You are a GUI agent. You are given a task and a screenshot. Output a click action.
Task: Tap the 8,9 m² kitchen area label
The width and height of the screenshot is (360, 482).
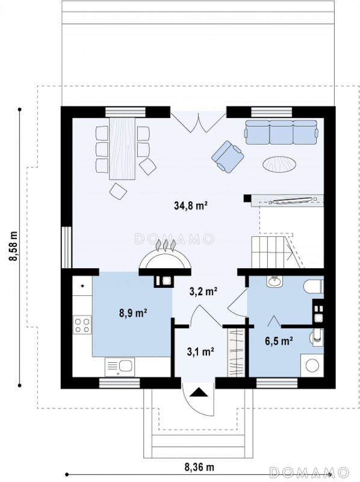(x=132, y=313)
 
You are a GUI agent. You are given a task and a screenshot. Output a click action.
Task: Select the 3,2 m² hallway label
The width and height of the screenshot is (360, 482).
(x=203, y=292)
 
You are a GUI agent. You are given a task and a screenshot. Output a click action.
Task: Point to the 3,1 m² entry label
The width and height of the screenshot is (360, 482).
(x=200, y=351)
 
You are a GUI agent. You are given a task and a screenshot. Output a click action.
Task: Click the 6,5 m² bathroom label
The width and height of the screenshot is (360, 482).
(x=279, y=341)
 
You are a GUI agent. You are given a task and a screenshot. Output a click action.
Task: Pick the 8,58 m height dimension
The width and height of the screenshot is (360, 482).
(x=13, y=246)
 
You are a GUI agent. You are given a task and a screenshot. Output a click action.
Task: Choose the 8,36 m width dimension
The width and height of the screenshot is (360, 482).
(x=199, y=468)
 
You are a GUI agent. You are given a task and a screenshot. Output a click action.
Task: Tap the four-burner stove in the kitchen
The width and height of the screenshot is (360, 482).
(x=82, y=325)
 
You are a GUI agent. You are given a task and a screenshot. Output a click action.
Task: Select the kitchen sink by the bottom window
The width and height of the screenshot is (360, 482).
(x=119, y=367)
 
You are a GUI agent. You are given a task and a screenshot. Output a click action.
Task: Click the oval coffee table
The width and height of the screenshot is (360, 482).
(x=280, y=164)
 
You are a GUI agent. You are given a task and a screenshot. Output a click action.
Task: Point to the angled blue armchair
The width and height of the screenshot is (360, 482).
(x=228, y=157)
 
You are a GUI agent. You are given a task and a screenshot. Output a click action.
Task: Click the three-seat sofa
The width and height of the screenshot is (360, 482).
(x=281, y=132)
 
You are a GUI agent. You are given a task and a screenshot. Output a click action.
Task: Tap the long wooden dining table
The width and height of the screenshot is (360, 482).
(x=123, y=148)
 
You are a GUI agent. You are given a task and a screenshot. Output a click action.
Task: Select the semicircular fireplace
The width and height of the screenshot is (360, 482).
(x=164, y=259)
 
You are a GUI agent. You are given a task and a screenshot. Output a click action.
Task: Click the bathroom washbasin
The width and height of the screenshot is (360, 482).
(x=275, y=281)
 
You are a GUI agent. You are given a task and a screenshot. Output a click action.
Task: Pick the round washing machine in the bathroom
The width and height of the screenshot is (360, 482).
(x=312, y=366)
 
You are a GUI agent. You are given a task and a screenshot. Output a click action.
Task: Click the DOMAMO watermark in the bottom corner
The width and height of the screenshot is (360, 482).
(x=309, y=471)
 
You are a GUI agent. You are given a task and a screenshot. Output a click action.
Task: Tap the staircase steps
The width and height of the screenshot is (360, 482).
(x=271, y=252)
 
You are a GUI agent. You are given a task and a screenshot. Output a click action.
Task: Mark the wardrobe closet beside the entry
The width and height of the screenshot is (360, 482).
(x=236, y=352)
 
